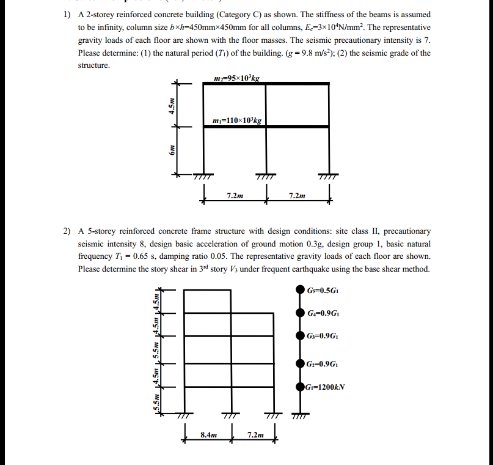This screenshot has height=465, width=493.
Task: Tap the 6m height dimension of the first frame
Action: point(172,151)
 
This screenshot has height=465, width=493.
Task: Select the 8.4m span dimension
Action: point(208,435)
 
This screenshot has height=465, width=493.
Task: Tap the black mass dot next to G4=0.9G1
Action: point(299,313)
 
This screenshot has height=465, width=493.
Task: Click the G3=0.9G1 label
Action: point(323,335)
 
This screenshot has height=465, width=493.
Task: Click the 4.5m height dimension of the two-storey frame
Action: point(172,105)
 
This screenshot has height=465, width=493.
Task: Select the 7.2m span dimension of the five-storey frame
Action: point(255,435)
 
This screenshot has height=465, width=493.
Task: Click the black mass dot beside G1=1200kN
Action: point(299,387)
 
